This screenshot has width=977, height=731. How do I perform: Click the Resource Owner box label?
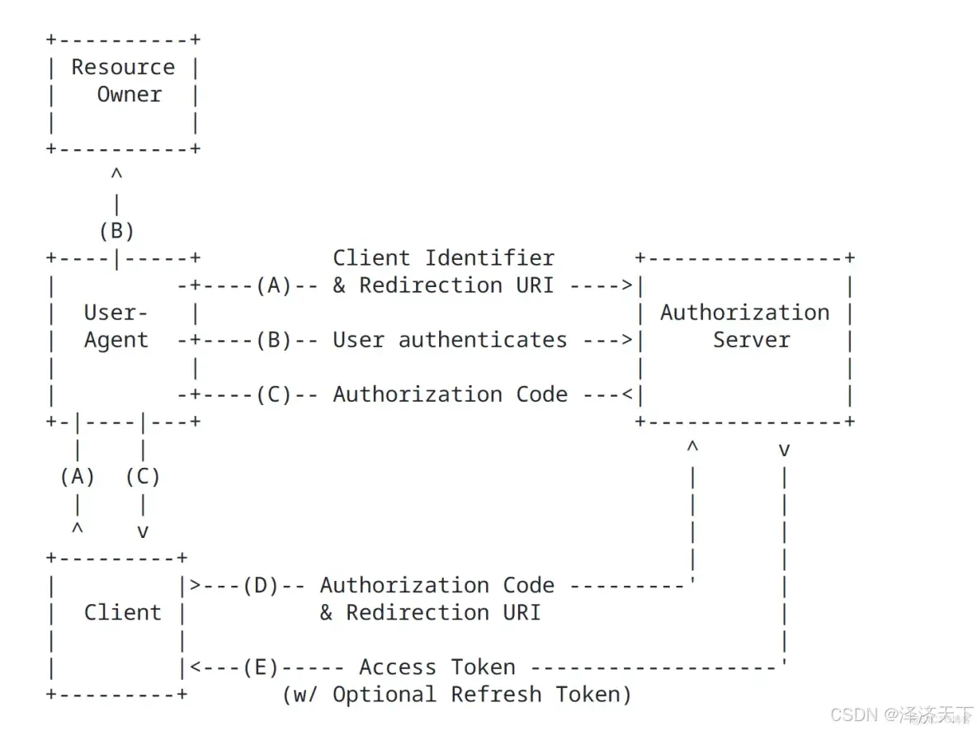coord(123,80)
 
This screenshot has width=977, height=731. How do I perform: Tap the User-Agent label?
coord(116,326)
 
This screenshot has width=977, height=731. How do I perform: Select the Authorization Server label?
coord(744,326)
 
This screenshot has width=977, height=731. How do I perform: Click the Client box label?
coord(122,612)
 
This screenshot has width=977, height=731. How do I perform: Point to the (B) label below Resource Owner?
coord(116,230)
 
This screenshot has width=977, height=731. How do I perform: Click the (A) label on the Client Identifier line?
coord(273,285)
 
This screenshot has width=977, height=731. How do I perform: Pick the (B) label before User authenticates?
coord(273,340)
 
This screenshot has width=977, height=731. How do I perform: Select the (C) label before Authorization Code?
coord(273,394)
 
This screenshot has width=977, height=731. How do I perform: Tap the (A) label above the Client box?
coord(77,476)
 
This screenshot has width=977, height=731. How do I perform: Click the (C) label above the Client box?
coord(143,476)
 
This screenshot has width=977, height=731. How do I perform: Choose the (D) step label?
coord(260,585)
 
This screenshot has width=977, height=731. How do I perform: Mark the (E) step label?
coord(260,667)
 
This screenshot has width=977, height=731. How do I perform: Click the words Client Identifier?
coord(443,257)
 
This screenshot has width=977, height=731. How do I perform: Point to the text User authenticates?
coord(450,340)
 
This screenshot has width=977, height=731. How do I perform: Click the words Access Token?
coord(437,667)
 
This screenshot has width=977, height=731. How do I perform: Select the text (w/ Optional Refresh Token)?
coord(456,694)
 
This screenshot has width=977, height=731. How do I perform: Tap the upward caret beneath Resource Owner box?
coord(116,174)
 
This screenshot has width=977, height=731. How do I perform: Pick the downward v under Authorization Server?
coord(784,450)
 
